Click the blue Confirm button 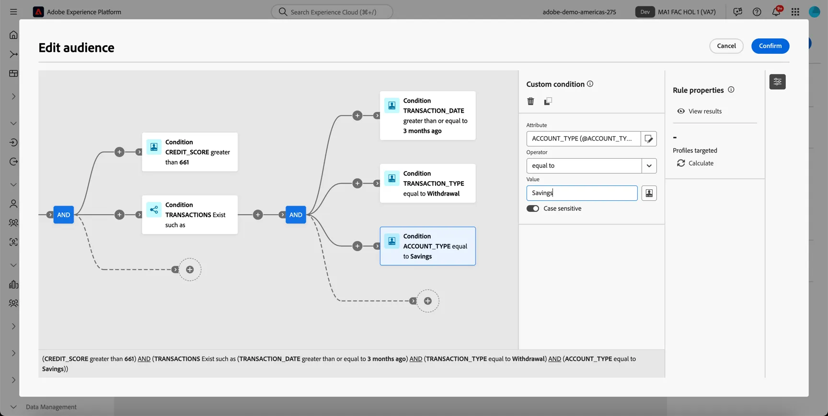pyautogui.click(x=770, y=46)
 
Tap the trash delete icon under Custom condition pyautogui.click(x=530, y=101)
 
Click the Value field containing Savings pyautogui.click(x=582, y=193)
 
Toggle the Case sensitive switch pyautogui.click(x=533, y=208)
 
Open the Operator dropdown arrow pyautogui.click(x=649, y=166)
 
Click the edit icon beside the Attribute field pyautogui.click(x=649, y=139)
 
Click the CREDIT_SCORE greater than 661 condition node pyautogui.click(x=190, y=152)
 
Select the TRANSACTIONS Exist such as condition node pyautogui.click(x=190, y=215)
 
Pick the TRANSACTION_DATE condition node pyautogui.click(x=428, y=116)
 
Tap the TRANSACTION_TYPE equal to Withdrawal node pyautogui.click(x=428, y=184)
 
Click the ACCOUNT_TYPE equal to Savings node pyautogui.click(x=428, y=246)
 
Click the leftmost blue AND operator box pyautogui.click(x=64, y=215)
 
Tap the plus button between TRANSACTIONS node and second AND pyautogui.click(x=258, y=215)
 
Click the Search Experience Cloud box pyautogui.click(x=332, y=12)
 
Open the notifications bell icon pyautogui.click(x=776, y=12)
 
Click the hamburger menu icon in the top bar pyautogui.click(x=13, y=12)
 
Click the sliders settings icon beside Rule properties pyautogui.click(x=777, y=82)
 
